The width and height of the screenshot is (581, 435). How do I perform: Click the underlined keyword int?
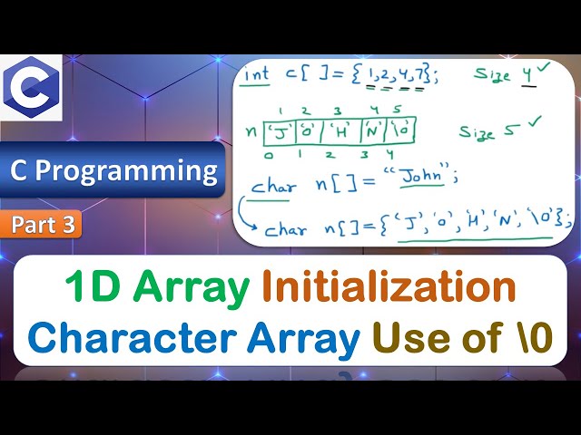point(259,75)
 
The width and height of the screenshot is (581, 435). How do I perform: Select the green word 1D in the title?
point(94,288)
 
